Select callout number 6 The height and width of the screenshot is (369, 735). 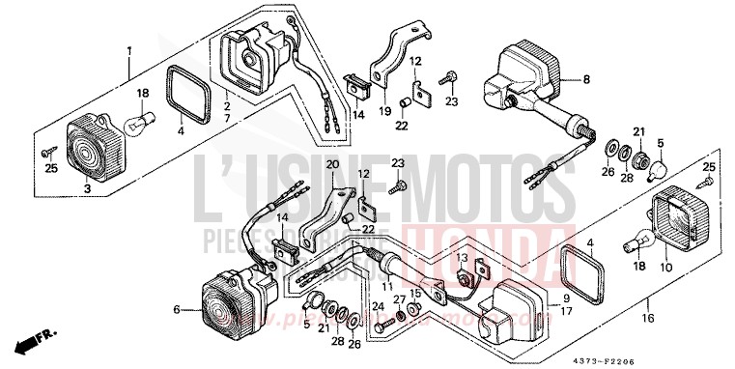(177, 310)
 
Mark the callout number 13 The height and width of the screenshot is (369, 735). (463, 258)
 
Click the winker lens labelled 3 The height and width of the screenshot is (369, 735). (89, 152)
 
